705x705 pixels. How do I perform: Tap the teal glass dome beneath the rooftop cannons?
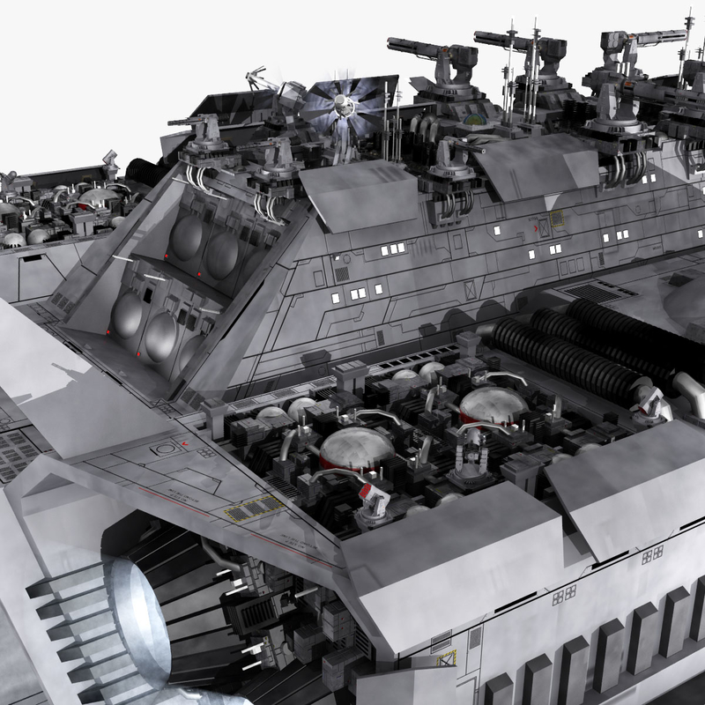click(475, 119)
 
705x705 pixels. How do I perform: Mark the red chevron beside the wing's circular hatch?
click(185, 442)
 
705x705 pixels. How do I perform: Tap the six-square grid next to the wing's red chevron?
click(205, 452)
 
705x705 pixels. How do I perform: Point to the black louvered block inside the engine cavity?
click(256, 612)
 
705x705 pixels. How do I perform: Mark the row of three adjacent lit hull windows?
click(392, 249)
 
